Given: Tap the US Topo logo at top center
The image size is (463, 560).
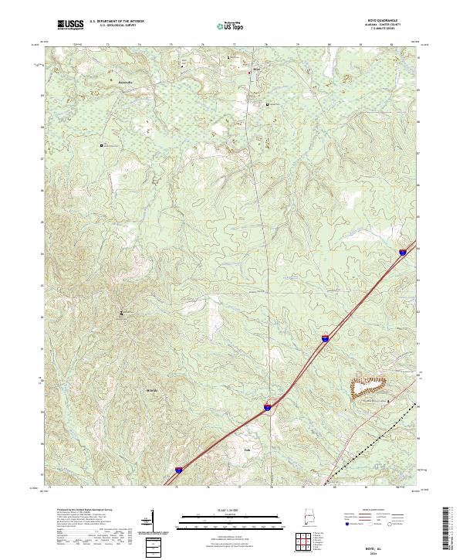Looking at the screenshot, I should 227,25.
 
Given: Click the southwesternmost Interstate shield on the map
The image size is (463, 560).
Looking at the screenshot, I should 178,468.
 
